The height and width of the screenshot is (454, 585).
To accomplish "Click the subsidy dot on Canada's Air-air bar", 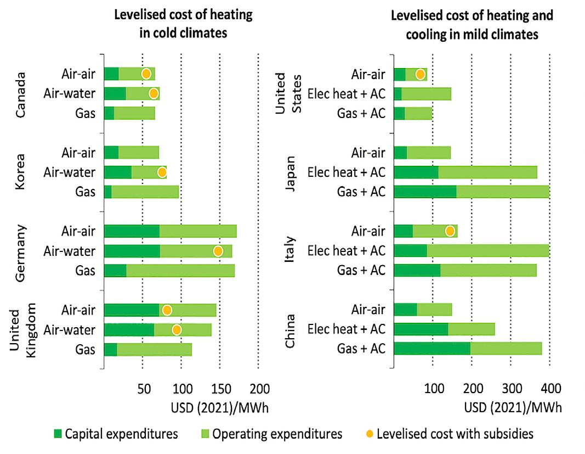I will pyautogui.click(x=146, y=74).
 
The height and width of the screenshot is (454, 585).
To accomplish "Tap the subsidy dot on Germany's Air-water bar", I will pyautogui.click(x=218, y=251).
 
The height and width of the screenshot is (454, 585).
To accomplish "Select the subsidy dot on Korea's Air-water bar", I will pyautogui.click(x=162, y=172).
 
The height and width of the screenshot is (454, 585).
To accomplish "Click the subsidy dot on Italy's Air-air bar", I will pyautogui.click(x=450, y=231).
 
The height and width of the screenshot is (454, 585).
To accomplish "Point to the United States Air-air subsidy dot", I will pyautogui.click(x=420, y=74).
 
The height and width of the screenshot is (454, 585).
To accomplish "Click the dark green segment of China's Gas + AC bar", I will pyautogui.click(x=431, y=349).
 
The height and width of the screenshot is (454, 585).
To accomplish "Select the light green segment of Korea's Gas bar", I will pyautogui.click(x=145, y=192).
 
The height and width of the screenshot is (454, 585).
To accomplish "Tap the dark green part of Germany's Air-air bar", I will pyautogui.click(x=131, y=231).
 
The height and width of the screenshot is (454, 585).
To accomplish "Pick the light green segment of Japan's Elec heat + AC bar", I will pyautogui.click(x=487, y=172).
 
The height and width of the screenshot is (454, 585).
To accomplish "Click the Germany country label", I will pyautogui.click(x=20, y=251).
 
